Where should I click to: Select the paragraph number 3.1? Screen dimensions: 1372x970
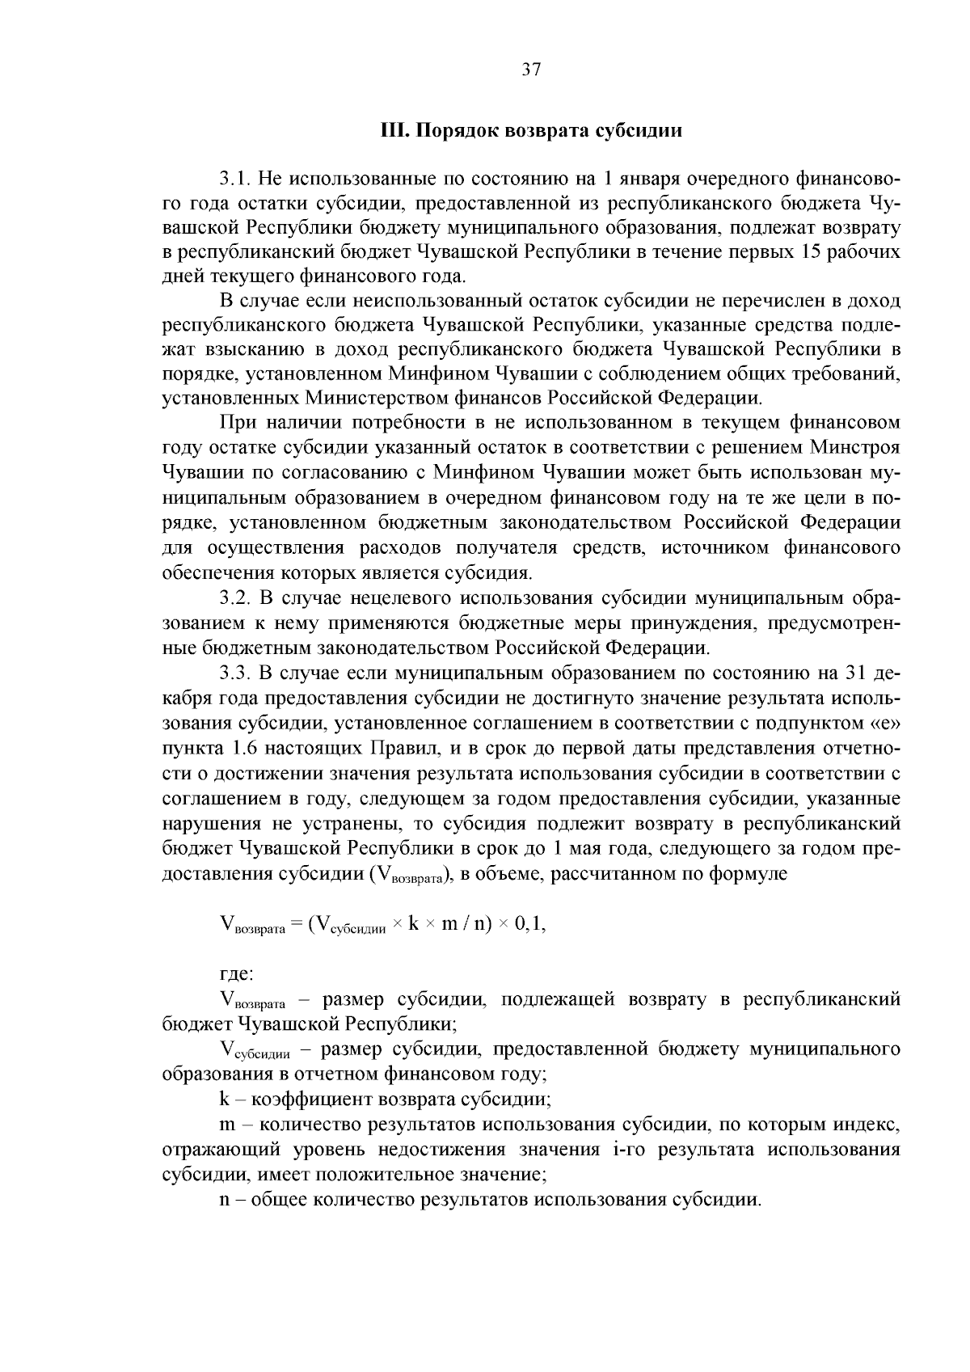click(234, 178)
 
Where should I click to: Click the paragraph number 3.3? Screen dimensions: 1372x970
click(234, 673)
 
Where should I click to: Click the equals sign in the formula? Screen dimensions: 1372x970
click(295, 925)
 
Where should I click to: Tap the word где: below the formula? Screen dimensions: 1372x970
click(237, 974)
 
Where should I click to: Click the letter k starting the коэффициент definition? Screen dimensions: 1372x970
click(224, 1100)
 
